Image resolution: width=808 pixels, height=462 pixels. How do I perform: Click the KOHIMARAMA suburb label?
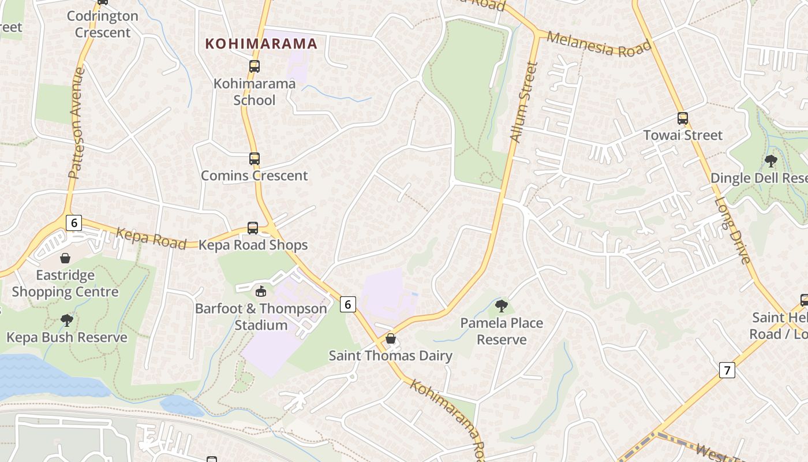261,44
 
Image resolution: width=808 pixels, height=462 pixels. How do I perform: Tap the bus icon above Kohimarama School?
255,66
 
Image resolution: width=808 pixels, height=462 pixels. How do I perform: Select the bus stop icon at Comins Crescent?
255,159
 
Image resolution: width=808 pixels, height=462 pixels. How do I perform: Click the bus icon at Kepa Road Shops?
253,228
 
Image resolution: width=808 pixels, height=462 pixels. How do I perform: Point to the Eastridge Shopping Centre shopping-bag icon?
65,258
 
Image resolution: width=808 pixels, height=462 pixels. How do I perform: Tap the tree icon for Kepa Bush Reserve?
67,320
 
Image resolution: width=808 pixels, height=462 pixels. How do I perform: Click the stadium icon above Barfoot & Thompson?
261,291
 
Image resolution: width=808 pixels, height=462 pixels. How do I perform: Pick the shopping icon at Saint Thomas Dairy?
391,338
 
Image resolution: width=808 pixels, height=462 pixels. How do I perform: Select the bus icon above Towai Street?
683,118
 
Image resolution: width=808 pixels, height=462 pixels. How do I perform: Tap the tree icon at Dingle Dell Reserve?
770,161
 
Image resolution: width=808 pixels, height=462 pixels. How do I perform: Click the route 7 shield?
727,370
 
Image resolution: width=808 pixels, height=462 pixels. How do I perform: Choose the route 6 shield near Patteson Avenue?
73,222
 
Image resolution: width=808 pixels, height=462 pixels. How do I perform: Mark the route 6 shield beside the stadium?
347,304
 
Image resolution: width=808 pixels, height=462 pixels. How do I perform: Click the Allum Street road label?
524,103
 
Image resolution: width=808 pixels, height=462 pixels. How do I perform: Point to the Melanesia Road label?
598,44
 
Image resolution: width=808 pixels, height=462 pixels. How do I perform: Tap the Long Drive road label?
732,231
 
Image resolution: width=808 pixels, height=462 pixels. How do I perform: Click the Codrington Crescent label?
103,24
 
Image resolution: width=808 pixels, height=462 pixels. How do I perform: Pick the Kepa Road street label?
143,238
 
